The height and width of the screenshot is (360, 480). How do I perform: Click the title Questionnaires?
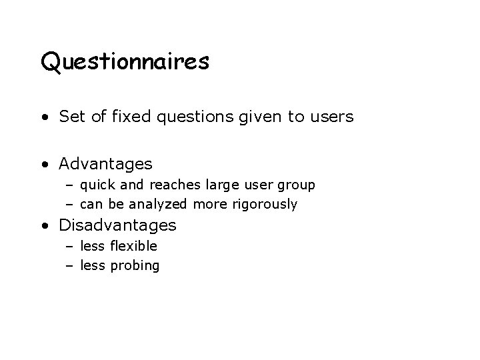click(x=125, y=63)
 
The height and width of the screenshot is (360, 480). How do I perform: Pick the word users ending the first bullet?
click(x=332, y=117)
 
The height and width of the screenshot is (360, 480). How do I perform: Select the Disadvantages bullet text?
click(x=117, y=225)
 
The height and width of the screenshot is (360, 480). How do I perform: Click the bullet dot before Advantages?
click(x=43, y=164)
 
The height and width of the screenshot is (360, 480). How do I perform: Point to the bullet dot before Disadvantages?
click(x=43, y=226)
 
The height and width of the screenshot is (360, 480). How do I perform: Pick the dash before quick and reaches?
click(x=70, y=185)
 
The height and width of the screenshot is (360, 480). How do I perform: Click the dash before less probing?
click(x=70, y=266)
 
